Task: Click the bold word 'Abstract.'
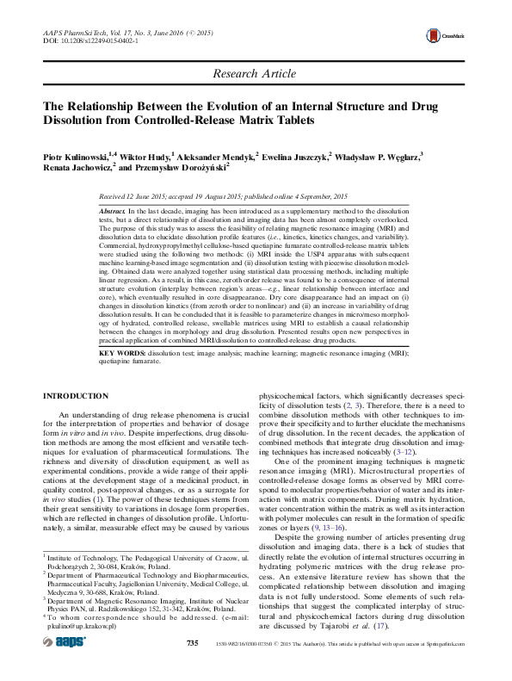coord(113,211)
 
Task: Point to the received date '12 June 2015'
coord(153,197)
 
